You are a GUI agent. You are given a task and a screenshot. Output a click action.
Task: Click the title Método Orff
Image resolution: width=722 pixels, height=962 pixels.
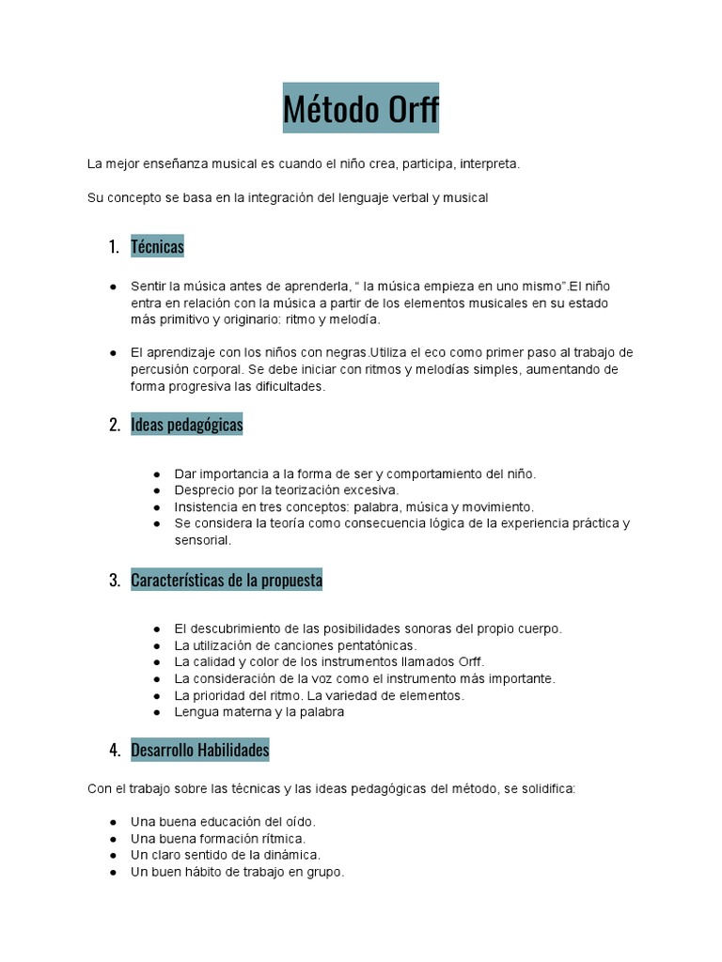click(361, 111)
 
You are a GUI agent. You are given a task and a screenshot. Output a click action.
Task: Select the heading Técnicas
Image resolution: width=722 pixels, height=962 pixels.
click(157, 247)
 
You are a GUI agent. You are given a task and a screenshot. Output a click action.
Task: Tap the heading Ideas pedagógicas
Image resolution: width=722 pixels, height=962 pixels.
click(186, 425)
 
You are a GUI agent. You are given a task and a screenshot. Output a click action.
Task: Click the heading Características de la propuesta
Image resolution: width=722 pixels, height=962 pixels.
click(227, 581)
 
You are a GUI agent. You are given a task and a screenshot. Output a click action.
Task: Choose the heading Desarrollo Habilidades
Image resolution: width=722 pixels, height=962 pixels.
click(199, 750)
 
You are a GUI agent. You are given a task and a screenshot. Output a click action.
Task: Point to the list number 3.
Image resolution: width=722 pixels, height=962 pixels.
click(115, 581)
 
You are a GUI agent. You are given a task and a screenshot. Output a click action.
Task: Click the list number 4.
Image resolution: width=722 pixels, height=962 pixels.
click(115, 750)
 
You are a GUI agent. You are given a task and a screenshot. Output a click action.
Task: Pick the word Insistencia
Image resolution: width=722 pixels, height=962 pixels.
click(207, 506)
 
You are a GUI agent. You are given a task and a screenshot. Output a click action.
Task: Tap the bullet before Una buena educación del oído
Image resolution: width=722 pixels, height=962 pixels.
click(113, 822)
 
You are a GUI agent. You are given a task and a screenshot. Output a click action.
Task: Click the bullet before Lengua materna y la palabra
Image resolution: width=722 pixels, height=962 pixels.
click(156, 712)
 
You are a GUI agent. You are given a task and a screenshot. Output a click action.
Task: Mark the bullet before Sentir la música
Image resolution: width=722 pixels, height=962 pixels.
click(113, 286)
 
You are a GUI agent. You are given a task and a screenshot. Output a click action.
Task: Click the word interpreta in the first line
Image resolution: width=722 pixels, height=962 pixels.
click(489, 163)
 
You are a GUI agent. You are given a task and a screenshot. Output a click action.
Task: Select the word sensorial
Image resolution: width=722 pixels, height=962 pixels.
click(202, 540)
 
